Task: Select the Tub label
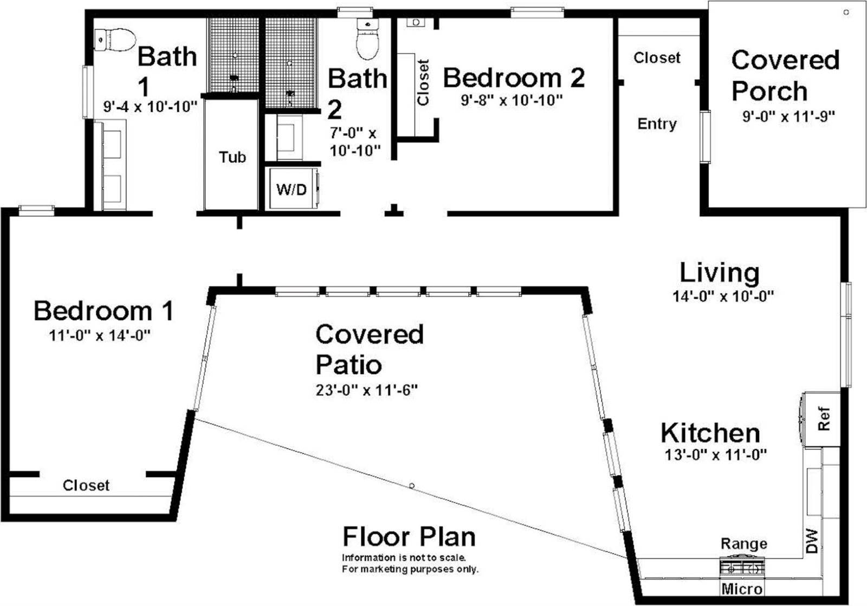232,157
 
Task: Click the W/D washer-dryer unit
292,189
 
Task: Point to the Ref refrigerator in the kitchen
823,419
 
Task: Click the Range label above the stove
743,544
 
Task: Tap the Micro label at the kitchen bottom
742,589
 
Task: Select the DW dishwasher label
811,540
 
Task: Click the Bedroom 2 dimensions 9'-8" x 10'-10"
512,100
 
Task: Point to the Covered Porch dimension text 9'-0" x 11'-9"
788,116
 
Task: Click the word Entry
657,124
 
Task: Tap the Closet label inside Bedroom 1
86,485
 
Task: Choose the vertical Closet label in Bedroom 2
423,82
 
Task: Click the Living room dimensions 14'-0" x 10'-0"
723,296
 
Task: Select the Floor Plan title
409,537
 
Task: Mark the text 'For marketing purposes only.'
410,569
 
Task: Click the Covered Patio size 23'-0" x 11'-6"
366,390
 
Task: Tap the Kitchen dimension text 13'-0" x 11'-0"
715,455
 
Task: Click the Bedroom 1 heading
103,311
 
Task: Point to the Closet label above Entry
657,57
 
